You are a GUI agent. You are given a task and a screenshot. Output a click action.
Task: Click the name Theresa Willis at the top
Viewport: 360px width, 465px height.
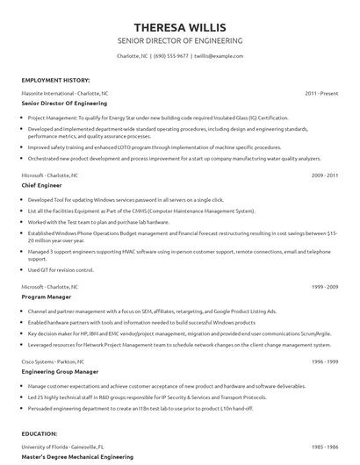point(180,25)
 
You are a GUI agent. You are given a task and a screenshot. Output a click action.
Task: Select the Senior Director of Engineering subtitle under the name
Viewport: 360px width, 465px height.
point(180,40)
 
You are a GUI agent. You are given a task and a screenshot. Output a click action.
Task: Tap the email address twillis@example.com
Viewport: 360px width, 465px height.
point(218,56)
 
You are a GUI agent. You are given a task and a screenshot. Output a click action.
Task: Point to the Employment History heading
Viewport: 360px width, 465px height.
point(54,79)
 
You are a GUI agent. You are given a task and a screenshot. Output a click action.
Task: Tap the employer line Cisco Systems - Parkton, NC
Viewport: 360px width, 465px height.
point(55,361)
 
